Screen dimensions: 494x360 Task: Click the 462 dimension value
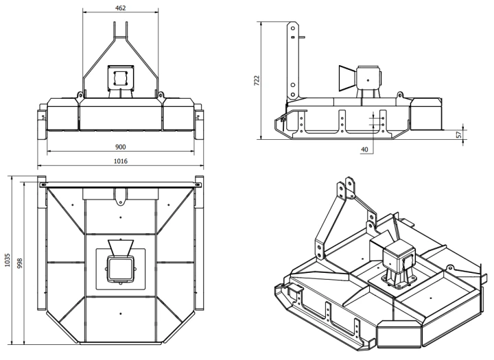coord(120,8)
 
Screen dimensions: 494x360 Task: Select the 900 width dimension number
coord(120,147)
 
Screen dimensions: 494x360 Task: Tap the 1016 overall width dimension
coord(120,161)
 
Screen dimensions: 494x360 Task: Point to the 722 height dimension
coord(257,81)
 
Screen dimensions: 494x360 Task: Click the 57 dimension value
coord(459,134)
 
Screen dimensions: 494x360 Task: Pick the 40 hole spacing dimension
coord(364,149)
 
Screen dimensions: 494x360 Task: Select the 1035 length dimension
coord(8,260)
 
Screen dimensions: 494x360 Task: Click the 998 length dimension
coord(19,263)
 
